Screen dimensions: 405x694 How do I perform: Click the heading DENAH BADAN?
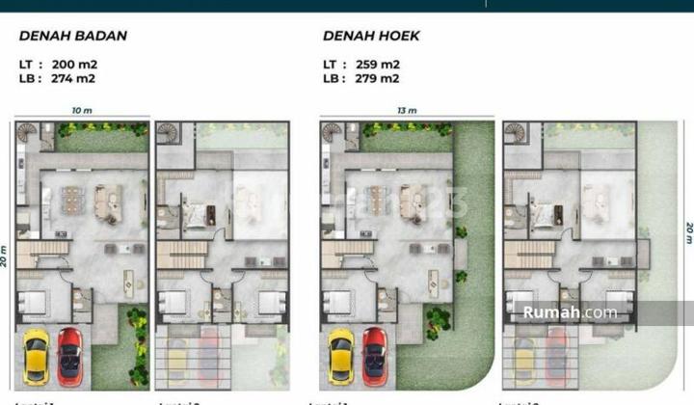(73, 37)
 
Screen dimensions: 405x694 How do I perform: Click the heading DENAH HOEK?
(371, 37)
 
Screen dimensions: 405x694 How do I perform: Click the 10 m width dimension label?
(81, 111)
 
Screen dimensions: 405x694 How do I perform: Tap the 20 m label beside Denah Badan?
(6, 256)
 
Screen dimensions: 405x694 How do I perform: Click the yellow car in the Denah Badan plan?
(37, 355)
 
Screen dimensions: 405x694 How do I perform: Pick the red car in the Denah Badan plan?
(69, 355)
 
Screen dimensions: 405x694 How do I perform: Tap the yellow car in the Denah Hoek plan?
(341, 355)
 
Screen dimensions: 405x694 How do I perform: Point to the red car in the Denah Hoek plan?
(374, 355)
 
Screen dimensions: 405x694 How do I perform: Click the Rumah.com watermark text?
(570, 312)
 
